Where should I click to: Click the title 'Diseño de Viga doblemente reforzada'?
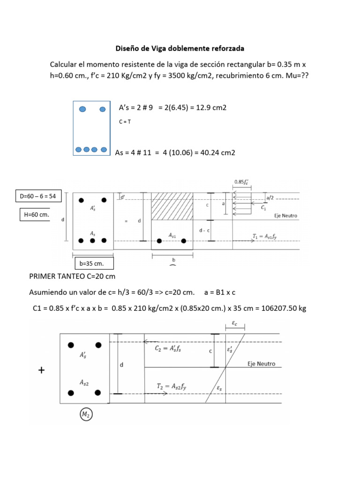point(180,48)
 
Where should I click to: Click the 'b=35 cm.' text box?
point(94,263)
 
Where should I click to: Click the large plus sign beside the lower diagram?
point(42,371)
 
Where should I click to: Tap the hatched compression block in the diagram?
point(172,206)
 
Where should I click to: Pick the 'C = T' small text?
point(125,122)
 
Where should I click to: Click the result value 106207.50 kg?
point(282,308)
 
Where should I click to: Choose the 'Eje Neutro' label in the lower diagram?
point(261,364)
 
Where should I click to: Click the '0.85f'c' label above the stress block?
point(241,182)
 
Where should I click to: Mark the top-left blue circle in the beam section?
point(82,109)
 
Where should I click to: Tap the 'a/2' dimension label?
point(270,197)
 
